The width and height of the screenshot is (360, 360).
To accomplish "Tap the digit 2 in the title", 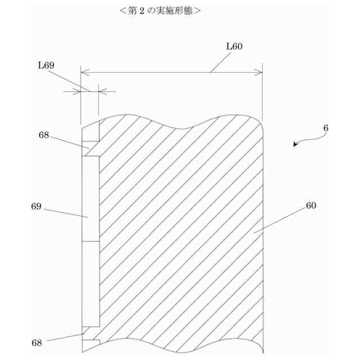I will click(136, 10).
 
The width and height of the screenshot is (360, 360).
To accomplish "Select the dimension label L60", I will click(234, 46).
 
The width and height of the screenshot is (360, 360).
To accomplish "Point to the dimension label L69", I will click(46, 65).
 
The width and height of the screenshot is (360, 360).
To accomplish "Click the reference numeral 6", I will click(326, 128).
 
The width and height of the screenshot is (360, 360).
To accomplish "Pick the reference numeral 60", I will click(311, 205).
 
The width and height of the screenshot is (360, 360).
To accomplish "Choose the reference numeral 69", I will click(37, 206).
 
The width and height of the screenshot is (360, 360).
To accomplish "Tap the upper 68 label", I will click(44, 135).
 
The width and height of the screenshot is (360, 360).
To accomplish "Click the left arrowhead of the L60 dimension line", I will click(84, 72).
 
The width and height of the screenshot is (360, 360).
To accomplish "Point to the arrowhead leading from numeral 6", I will click(296, 145).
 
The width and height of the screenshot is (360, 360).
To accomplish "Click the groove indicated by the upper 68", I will click(90, 150).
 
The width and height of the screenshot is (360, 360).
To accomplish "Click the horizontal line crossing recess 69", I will click(90, 242).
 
